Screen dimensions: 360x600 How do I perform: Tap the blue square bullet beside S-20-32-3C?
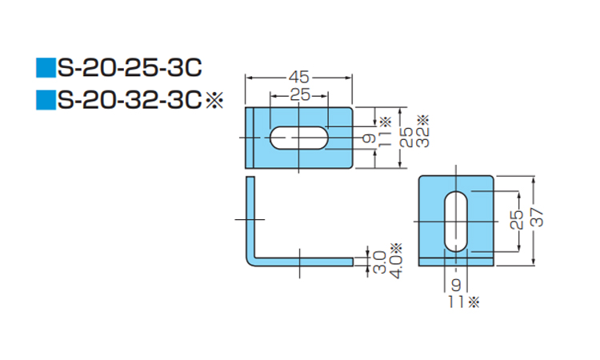(x=43, y=101)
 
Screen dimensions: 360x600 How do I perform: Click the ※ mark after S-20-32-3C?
(x=213, y=101)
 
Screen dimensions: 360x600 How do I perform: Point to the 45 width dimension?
(x=298, y=78)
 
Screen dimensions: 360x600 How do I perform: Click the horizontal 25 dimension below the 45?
(x=298, y=95)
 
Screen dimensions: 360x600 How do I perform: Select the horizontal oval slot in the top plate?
(x=298, y=138)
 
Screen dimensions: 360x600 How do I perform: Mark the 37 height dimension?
(x=537, y=217)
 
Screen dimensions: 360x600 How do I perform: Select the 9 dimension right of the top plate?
(x=369, y=138)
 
